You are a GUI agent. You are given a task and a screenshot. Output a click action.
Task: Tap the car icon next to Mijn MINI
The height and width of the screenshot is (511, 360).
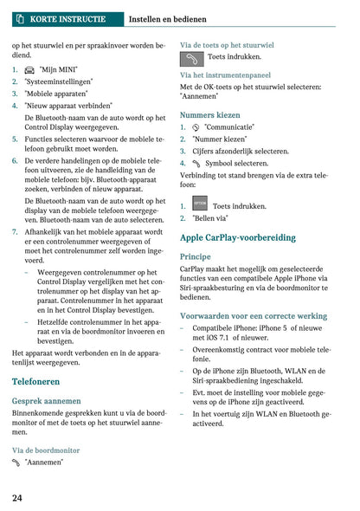(30, 69)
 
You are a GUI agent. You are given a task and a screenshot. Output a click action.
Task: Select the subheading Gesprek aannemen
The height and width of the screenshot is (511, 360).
(47, 401)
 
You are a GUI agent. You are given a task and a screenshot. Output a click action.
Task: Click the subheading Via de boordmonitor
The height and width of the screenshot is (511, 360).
(46, 450)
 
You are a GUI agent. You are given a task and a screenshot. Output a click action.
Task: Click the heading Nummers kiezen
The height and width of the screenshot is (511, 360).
(210, 114)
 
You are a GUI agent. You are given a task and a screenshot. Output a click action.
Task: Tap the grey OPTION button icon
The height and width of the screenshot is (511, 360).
(200, 205)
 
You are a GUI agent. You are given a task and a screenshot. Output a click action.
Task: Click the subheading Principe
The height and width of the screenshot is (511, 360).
(195, 257)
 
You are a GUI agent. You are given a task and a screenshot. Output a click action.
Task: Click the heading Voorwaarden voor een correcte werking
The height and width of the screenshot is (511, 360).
(254, 317)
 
